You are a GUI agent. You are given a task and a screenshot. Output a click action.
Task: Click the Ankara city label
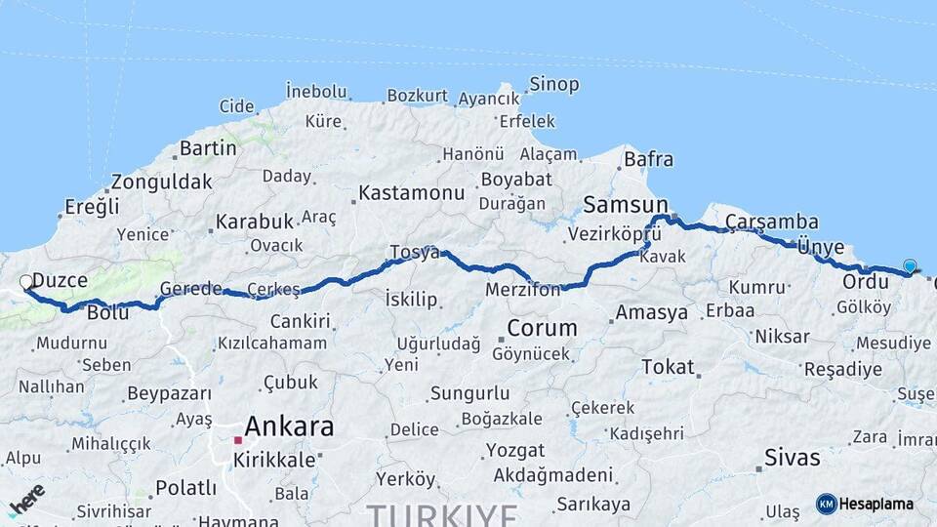pyautogui.click(x=288, y=426)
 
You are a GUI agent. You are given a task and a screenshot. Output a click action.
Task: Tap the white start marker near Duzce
pyautogui.click(x=26, y=282)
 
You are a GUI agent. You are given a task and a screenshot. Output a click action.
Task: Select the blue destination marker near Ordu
pyautogui.click(x=910, y=265)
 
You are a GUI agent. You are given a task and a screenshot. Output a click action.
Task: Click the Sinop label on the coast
pyautogui.click(x=553, y=85)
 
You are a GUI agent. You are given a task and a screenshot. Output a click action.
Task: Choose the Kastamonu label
pyautogui.click(x=411, y=193)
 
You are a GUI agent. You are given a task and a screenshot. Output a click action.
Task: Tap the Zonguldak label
pyautogui.click(x=161, y=182)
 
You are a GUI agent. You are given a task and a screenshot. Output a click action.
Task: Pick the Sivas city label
pyautogui.click(x=792, y=457)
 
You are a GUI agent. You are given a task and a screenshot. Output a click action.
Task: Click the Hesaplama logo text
pyautogui.click(x=876, y=504)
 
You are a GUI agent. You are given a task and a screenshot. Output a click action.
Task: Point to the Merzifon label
pyautogui.click(x=523, y=290)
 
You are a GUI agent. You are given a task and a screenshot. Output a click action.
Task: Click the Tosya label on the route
pyautogui.click(x=414, y=252)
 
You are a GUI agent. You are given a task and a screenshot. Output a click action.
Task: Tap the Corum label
pyautogui.click(x=542, y=328)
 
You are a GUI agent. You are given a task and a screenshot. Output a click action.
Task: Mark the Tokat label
pyautogui.click(x=668, y=367)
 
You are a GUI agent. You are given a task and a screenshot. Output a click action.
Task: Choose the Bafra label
pyautogui.click(x=648, y=157)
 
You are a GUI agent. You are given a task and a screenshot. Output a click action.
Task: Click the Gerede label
pyautogui.click(x=190, y=290)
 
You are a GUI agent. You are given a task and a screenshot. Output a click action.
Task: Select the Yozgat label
pyautogui.click(x=514, y=451)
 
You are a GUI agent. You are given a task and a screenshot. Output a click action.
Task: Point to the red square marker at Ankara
pyautogui.click(x=237, y=440)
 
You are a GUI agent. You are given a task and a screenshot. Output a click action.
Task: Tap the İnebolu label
pyautogui.click(x=316, y=92)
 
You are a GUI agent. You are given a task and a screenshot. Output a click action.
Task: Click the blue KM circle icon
pyautogui.click(x=826, y=504)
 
